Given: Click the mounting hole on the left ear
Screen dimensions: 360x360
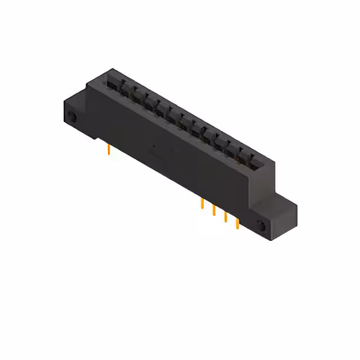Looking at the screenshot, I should (x=73, y=118).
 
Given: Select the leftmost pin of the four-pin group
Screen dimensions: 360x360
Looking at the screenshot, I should (x=202, y=204).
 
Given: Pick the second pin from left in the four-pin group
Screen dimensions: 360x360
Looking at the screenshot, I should (x=214, y=211).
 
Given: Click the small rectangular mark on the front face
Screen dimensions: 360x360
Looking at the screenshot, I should (x=158, y=152).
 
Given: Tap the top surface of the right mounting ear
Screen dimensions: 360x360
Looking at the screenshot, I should (x=284, y=201).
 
